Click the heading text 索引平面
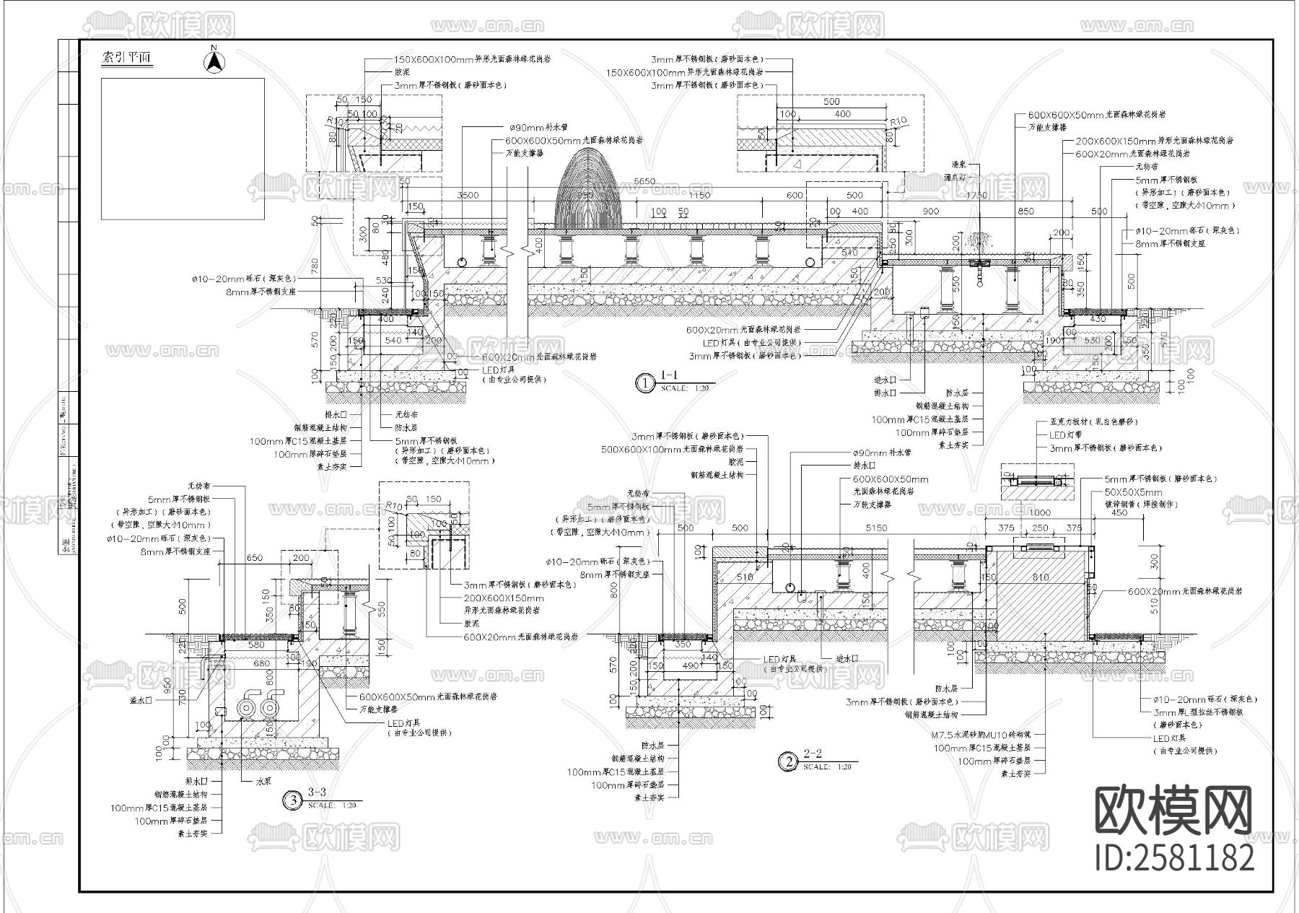point(127,58)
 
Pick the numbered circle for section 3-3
point(292,800)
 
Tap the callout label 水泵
point(263,781)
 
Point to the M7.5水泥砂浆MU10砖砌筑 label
point(980,734)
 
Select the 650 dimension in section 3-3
point(254,558)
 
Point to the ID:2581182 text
point(1174,857)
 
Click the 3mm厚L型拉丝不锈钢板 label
point(1197,712)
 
